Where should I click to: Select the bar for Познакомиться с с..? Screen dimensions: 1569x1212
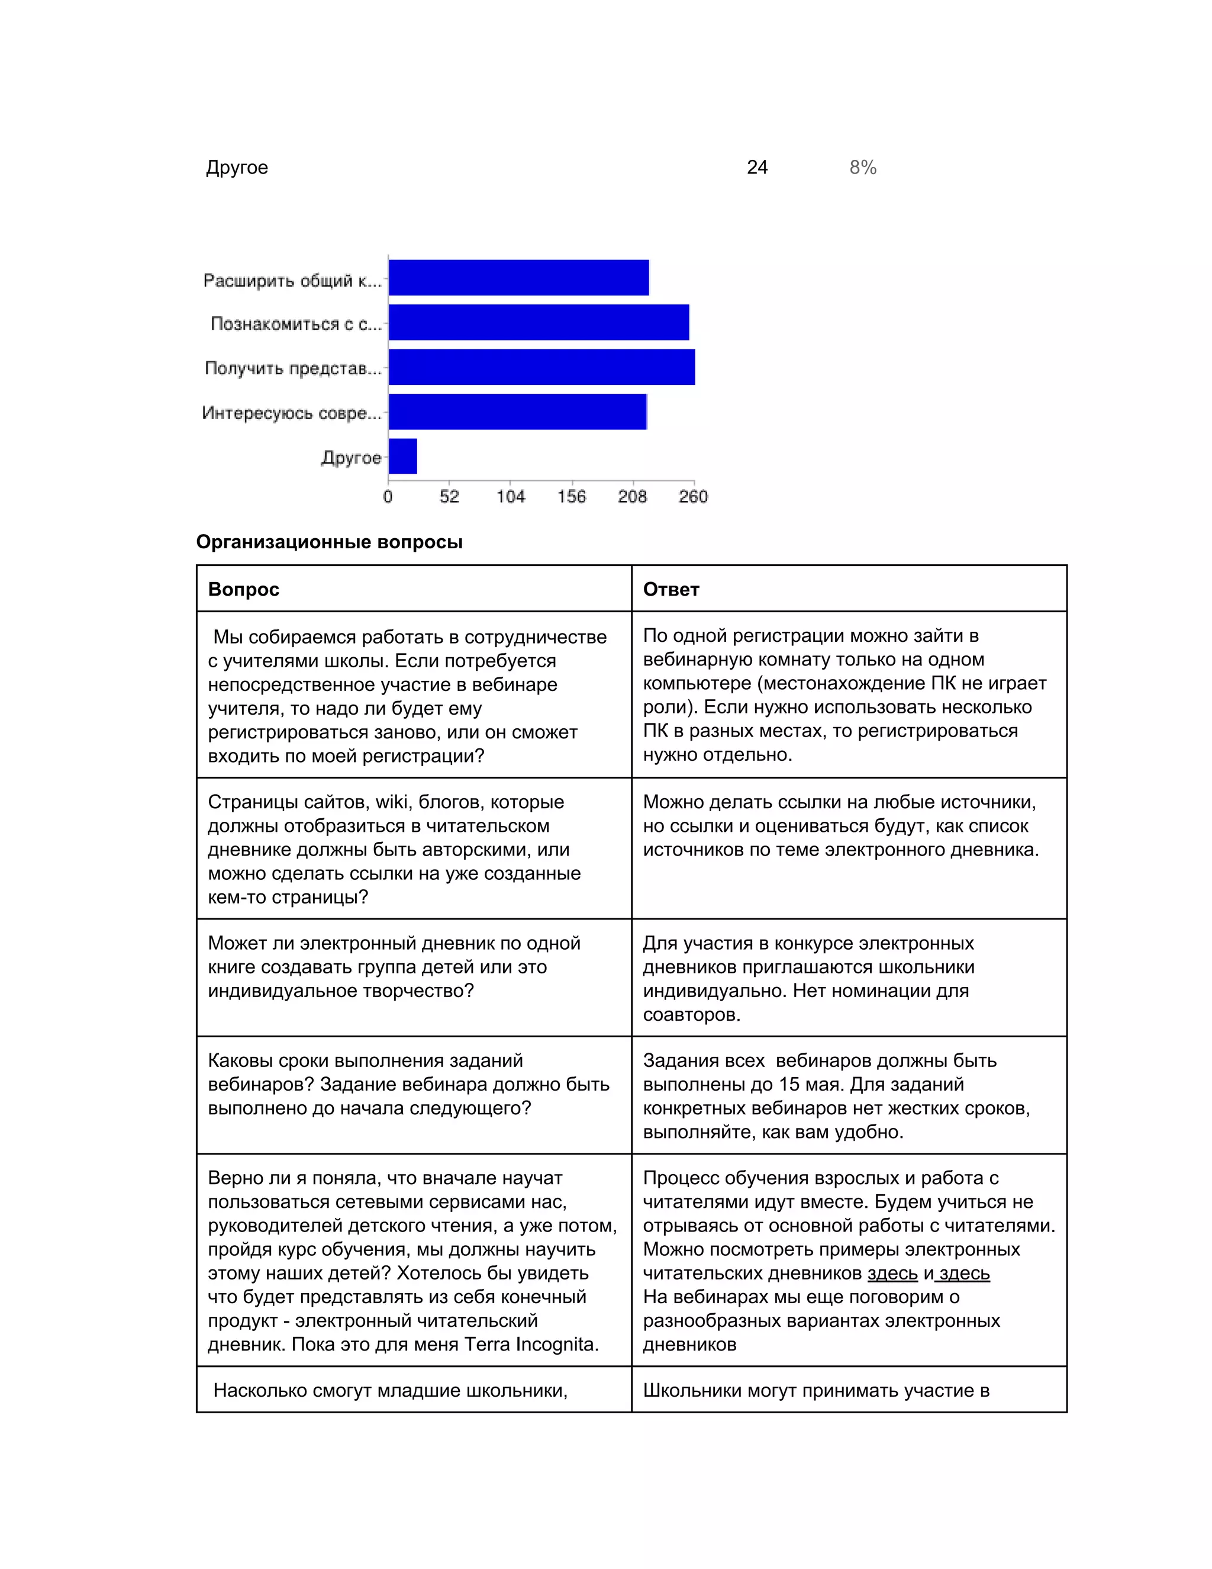(x=539, y=323)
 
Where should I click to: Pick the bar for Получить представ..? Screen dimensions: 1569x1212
(x=541, y=367)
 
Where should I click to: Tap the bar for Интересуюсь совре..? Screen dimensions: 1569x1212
(x=518, y=411)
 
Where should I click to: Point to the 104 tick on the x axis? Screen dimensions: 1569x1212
(x=511, y=496)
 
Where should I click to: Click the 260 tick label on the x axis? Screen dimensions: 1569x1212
(x=693, y=496)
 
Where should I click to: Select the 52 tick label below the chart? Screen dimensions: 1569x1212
(x=450, y=496)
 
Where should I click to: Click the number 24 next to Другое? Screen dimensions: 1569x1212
(x=757, y=168)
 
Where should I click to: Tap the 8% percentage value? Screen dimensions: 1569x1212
(x=862, y=168)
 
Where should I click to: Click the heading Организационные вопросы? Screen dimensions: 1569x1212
(x=329, y=542)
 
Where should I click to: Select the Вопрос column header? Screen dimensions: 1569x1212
(x=243, y=589)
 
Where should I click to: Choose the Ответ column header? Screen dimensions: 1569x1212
(x=671, y=589)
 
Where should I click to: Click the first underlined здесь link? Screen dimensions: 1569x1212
(x=892, y=1273)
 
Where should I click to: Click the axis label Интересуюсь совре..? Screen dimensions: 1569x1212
(x=291, y=413)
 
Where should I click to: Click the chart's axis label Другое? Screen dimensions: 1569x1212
(x=350, y=458)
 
